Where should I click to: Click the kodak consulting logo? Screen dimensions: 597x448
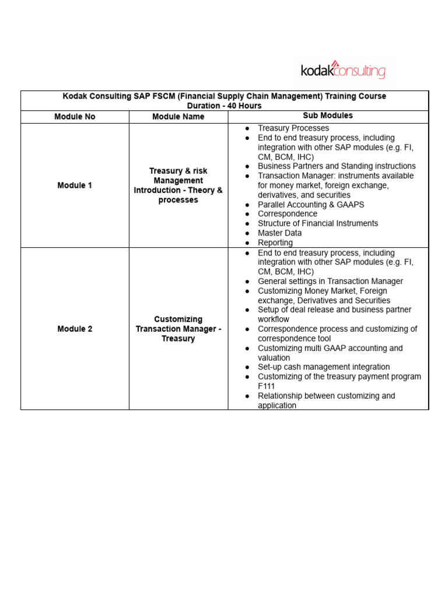343,71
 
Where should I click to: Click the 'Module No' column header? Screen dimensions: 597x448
75,117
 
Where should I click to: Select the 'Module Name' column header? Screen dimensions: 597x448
178,117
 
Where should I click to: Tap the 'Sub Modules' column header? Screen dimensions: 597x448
328,116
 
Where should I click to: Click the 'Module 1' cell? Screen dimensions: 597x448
75,185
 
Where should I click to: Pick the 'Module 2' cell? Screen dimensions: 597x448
75,329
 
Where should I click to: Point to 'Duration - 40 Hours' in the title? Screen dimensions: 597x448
225,106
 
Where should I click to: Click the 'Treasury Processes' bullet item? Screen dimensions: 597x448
293,128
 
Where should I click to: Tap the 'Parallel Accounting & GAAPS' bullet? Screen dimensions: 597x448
311,205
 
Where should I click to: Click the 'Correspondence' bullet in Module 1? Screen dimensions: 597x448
288,214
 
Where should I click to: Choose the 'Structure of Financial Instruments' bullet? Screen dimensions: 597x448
318,223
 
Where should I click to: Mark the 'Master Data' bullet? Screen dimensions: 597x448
280,233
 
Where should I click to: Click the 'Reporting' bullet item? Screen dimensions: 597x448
275,243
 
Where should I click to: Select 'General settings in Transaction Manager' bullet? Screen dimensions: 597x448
330,281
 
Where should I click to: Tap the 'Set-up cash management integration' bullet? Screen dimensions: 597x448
324,367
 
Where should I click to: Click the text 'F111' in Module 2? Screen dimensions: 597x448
267,386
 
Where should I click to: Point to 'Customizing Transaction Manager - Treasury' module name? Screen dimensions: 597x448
178,329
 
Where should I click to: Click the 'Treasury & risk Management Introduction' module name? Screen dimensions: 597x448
178,185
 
